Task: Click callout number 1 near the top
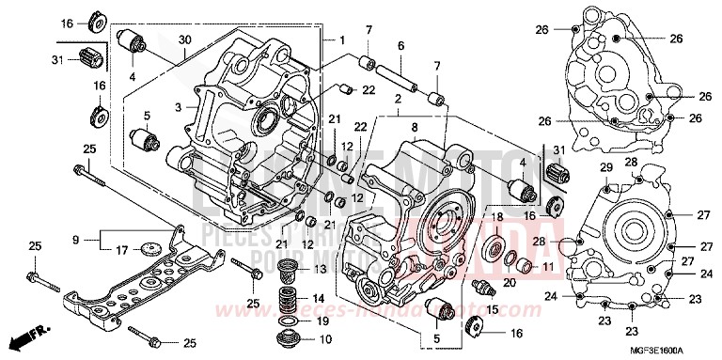(x=344, y=40)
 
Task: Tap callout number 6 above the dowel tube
(x=400, y=45)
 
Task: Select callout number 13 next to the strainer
(x=322, y=270)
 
